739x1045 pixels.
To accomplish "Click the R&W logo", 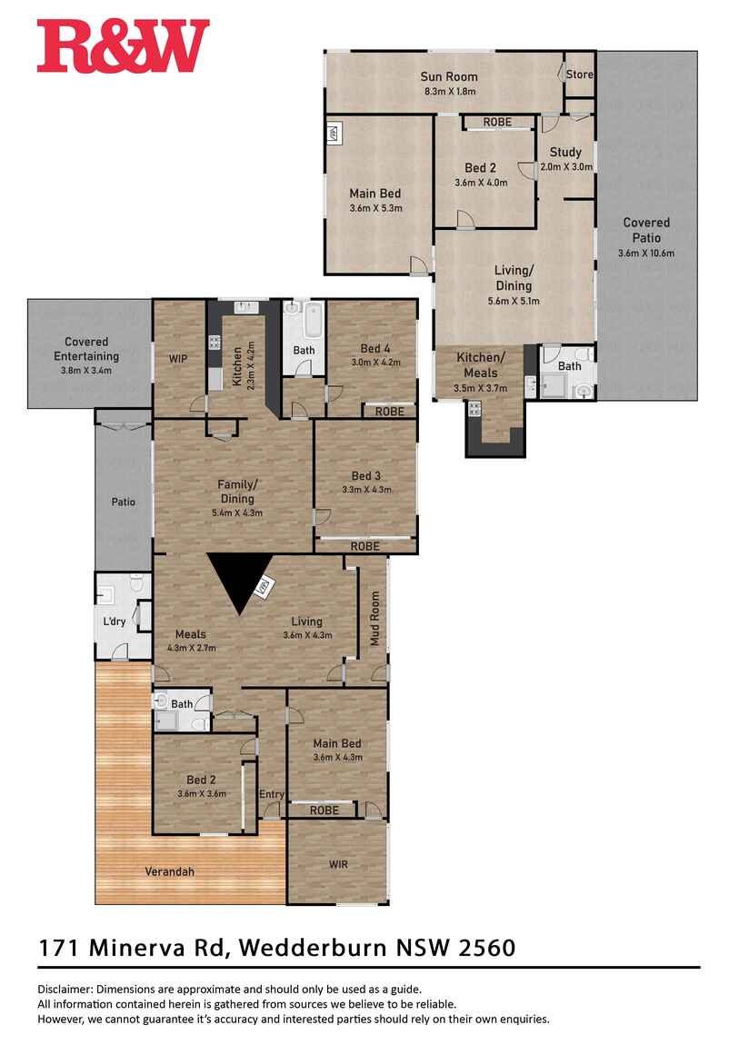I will point(123,46).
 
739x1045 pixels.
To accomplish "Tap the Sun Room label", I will point(448,77).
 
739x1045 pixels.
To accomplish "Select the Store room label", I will point(579,75).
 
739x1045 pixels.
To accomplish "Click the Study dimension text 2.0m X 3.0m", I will point(565,167).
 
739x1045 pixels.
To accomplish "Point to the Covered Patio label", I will point(646,230).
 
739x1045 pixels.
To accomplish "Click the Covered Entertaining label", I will point(86,349).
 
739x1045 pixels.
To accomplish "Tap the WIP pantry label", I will point(178,359).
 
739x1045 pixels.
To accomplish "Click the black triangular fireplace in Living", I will point(241,582).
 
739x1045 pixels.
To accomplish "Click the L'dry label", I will point(115,622).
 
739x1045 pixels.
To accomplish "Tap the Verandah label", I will point(169,871).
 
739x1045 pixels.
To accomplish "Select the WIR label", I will point(337,864).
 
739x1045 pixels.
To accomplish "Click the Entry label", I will point(272,795).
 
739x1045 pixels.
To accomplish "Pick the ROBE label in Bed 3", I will point(365,546).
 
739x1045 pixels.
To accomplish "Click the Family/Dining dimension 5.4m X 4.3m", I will point(236,513).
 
